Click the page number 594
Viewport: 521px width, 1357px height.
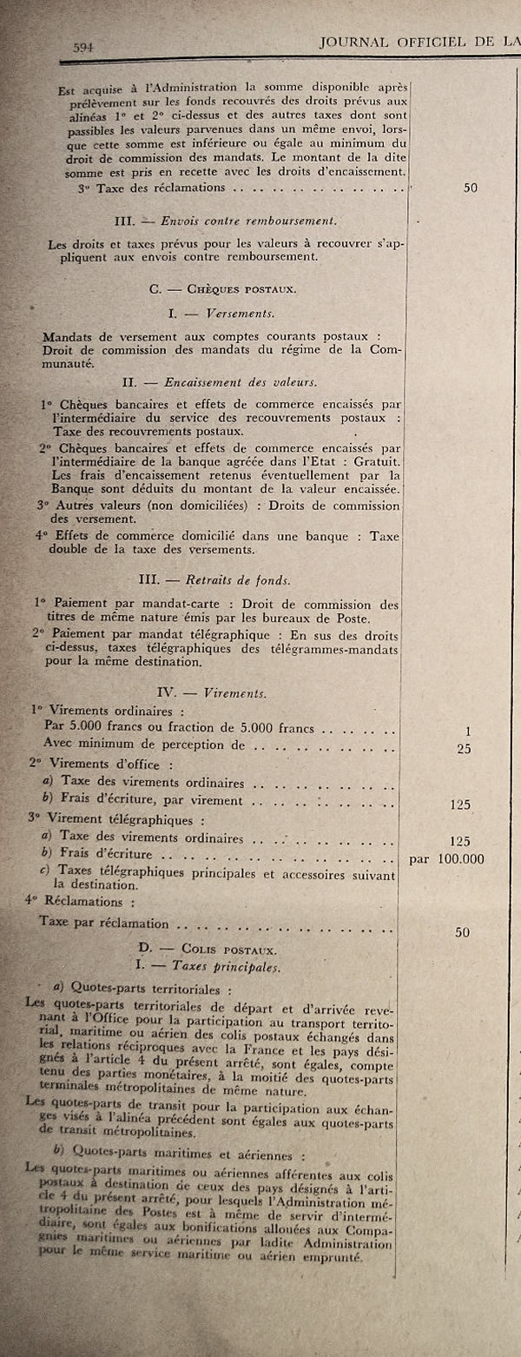pyautogui.click(x=82, y=46)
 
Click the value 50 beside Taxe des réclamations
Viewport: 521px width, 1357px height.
pyautogui.click(x=470, y=186)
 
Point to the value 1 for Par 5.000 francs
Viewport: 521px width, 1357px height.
pyautogui.click(x=467, y=731)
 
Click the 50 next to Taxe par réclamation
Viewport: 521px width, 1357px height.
pyautogui.click(x=462, y=932)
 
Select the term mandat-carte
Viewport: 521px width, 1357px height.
pyautogui.click(x=184, y=604)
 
